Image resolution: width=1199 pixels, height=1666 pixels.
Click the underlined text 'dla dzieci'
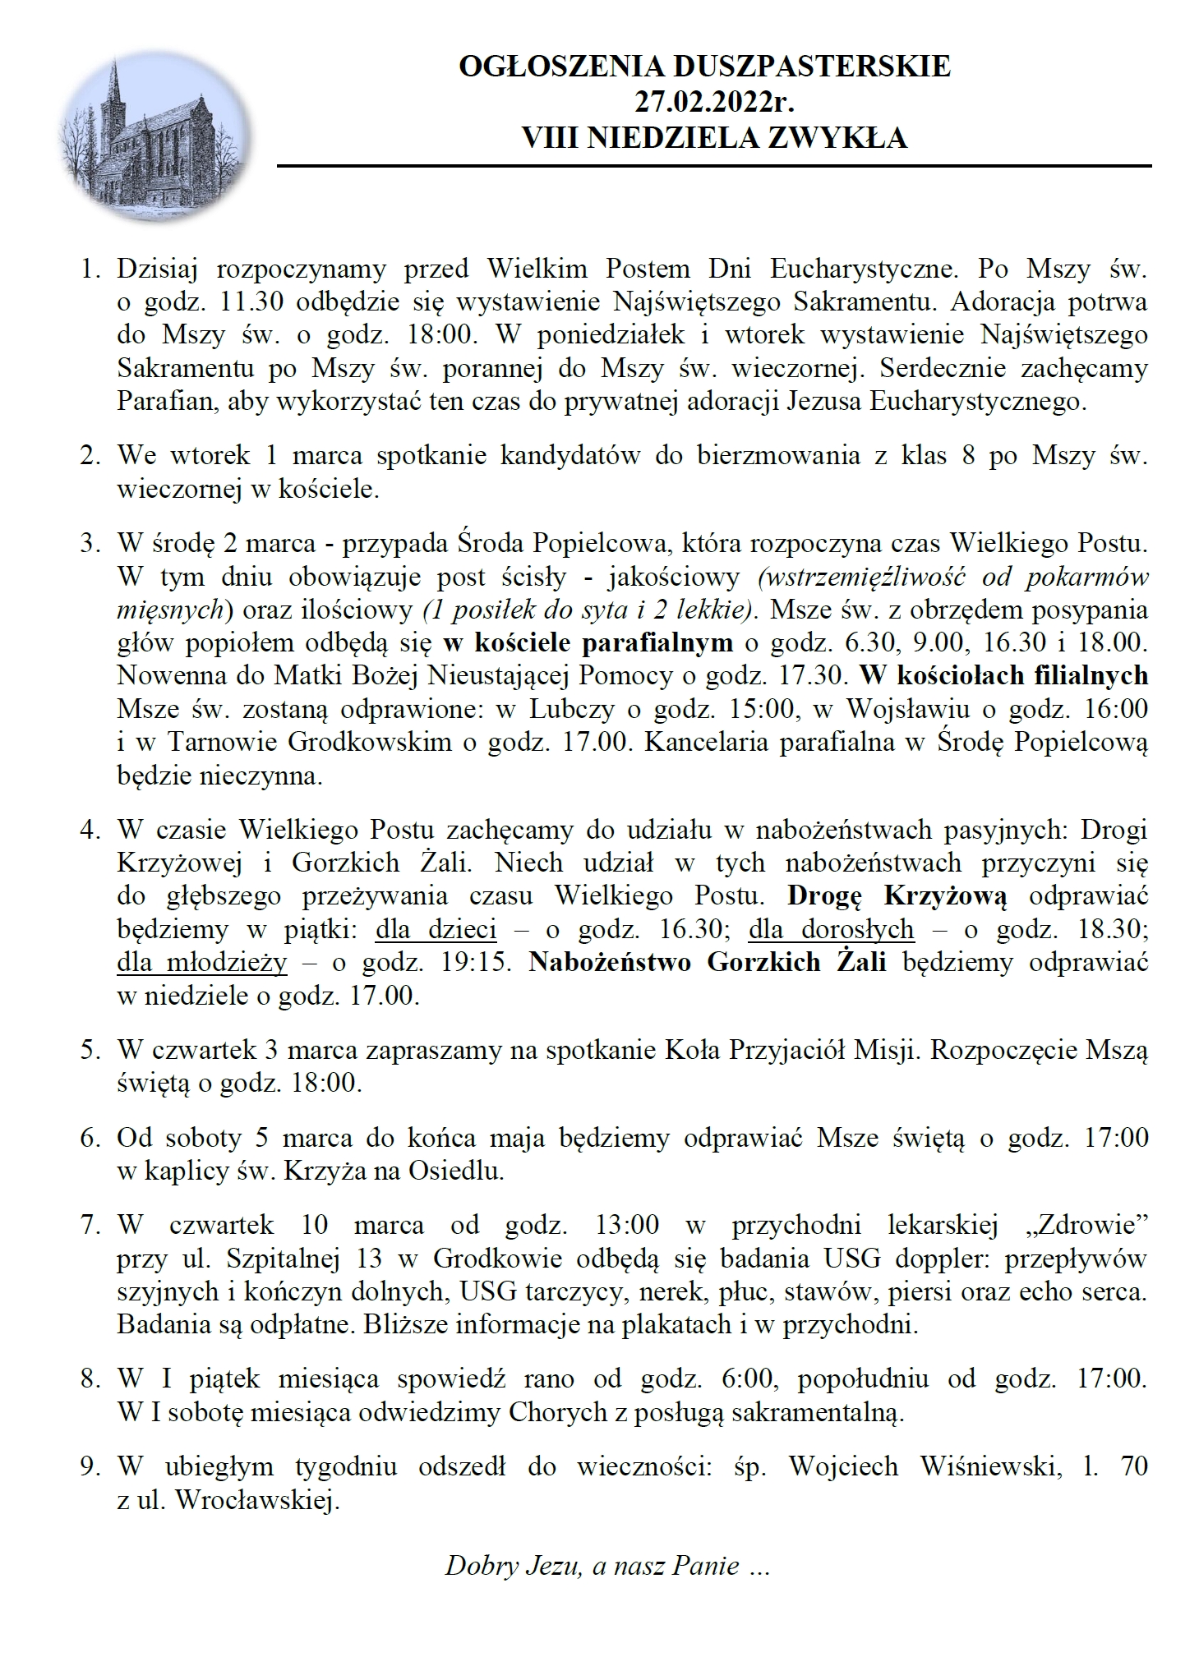pos(436,928)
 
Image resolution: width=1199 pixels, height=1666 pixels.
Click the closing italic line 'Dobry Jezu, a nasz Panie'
pos(606,1565)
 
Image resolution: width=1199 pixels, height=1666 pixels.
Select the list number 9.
pos(90,1466)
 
